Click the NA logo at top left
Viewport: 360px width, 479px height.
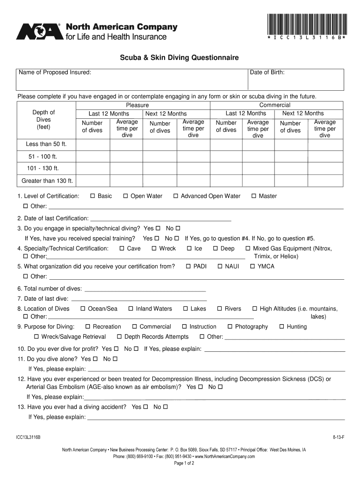pyautogui.click(x=39, y=31)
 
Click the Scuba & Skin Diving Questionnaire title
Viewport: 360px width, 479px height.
pyautogui.click(x=180, y=58)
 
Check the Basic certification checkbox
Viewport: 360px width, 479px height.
pyautogui.click(x=93, y=196)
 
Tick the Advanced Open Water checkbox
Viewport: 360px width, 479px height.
pyautogui.click(x=176, y=196)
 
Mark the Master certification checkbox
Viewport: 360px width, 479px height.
pyautogui.click(x=254, y=196)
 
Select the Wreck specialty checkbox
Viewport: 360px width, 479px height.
pyautogui.click(x=154, y=248)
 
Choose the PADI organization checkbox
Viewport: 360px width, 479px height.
pyautogui.click(x=188, y=266)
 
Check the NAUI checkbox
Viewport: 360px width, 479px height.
pyautogui.click(x=220, y=266)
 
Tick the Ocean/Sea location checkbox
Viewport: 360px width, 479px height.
pyautogui.click(x=83, y=309)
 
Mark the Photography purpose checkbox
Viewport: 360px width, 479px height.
pyautogui.click(x=230, y=327)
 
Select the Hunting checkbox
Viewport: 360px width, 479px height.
pyautogui.click(x=282, y=327)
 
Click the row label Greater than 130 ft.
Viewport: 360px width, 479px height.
pyautogui.click(x=47, y=181)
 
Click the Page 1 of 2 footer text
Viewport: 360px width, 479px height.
pyautogui.click(x=184, y=463)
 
